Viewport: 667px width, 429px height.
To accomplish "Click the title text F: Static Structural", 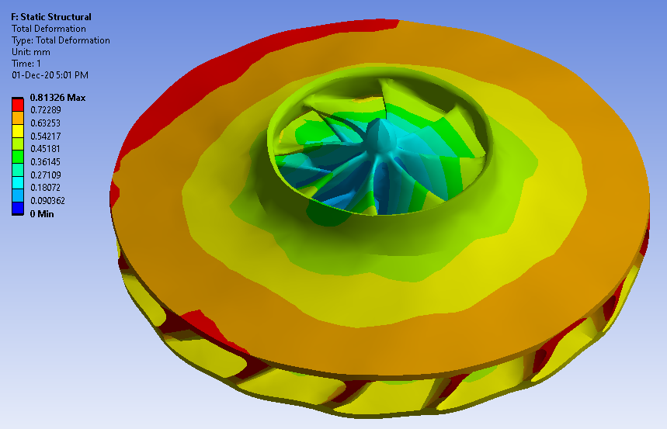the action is point(51,17).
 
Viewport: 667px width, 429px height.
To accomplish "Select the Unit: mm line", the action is point(31,52).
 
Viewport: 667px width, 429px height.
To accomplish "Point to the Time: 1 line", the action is point(26,64).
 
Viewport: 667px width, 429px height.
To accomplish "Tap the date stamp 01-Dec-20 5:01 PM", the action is point(50,75).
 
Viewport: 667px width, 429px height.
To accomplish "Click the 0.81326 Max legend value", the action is point(58,98).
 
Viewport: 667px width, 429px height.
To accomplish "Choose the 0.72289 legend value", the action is point(46,110).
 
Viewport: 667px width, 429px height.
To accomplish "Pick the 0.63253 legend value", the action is point(46,123).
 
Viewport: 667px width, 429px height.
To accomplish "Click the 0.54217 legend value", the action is point(46,137).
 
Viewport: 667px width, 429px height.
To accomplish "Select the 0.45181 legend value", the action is point(46,149).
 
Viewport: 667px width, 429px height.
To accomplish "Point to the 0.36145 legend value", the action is point(46,162).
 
